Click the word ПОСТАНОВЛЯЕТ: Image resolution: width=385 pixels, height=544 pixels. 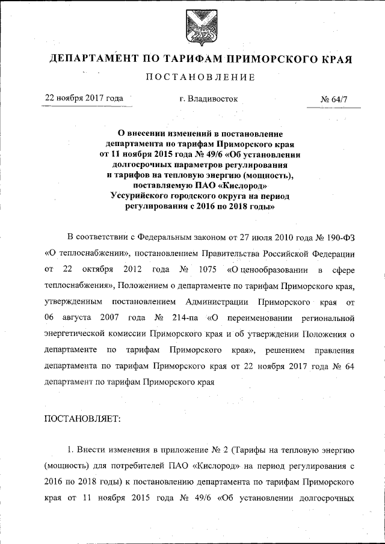(83, 419)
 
